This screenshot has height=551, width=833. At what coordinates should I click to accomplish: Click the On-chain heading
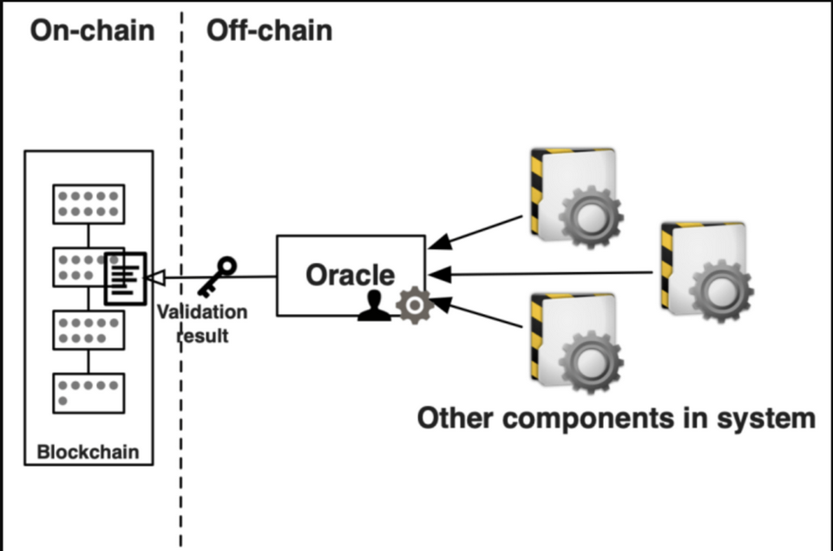(92, 30)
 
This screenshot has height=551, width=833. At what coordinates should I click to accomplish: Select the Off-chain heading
(269, 30)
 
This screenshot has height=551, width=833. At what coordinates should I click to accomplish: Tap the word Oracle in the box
(350, 275)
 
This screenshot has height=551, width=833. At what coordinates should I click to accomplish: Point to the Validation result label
(203, 323)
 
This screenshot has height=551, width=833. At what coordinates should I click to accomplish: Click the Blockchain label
(88, 451)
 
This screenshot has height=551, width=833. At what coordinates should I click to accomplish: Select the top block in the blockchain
(89, 204)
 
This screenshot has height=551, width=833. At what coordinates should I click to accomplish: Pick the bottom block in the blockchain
(89, 393)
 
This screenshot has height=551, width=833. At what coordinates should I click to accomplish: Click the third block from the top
(89, 330)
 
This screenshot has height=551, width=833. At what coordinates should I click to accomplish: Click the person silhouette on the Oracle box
(374, 305)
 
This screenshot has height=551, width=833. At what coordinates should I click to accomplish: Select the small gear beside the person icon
(414, 305)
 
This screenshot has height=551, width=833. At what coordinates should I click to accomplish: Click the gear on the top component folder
(589, 216)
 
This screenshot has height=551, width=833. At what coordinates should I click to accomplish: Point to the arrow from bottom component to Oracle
(477, 313)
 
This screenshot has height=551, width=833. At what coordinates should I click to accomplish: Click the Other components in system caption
(616, 418)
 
